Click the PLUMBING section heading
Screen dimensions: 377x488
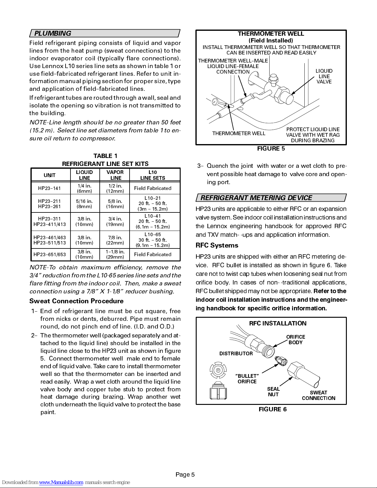tap(53, 33)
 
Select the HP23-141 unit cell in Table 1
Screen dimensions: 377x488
tap(49, 188)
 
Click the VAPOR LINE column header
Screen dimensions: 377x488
tap(115, 175)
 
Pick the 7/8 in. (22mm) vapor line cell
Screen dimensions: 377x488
tap(115, 240)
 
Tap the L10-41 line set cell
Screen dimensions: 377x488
tap(153, 221)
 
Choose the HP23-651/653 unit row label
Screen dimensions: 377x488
tap(50, 254)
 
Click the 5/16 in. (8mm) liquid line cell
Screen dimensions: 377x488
tap(84, 204)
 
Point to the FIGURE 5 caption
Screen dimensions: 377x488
tap(271, 148)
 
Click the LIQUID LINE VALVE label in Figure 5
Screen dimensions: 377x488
tap(324, 76)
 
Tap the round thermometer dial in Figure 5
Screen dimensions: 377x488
tap(215, 101)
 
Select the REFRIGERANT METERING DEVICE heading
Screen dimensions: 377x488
tap(256, 198)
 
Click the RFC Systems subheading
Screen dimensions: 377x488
tap(217, 245)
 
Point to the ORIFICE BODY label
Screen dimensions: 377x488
tap(295, 340)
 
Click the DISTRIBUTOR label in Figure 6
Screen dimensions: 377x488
tap(236, 353)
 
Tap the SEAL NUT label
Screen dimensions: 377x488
tap(273, 392)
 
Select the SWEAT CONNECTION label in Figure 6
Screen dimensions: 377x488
tap(319, 395)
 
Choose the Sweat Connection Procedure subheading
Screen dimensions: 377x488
tap(77, 301)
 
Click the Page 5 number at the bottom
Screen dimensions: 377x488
tap(185, 474)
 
